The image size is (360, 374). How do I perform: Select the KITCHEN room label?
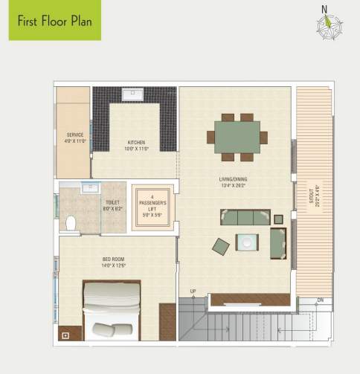pyautogui.click(x=135, y=144)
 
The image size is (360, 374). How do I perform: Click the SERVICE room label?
pyautogui.click(x=74, y=138)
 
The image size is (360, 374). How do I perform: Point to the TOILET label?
pyautogui.click(x=112, y=203)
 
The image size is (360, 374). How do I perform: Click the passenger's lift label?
pyautogui.click(x=152, y=204)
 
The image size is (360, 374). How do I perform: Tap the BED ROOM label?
pyautogui.click(x=114, y=262)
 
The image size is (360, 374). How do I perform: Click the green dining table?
pyautogui.click(x=237, y=137)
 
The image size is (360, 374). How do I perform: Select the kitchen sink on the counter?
pyautogui.click(x=135, y=94)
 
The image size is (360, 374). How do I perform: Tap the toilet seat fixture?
pyautogui.click(x=71, y=222)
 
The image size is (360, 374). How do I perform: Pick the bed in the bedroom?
pyautogui.click(x=112, y=310)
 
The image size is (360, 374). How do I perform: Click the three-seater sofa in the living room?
pyautogui.click(x=245, y=217)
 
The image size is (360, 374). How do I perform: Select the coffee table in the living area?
pyautogui.click(x=247, y=242)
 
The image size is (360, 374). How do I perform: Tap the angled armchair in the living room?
pyautogui.click(x=221, y=245)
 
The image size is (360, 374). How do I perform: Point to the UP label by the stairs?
pyautogui.click(x=193, y=291)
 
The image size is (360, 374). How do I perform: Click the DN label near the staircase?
pyautogui.click(x=321, y=300)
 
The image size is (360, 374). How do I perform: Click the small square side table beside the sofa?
pyautogui.click(x=278, y=219)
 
